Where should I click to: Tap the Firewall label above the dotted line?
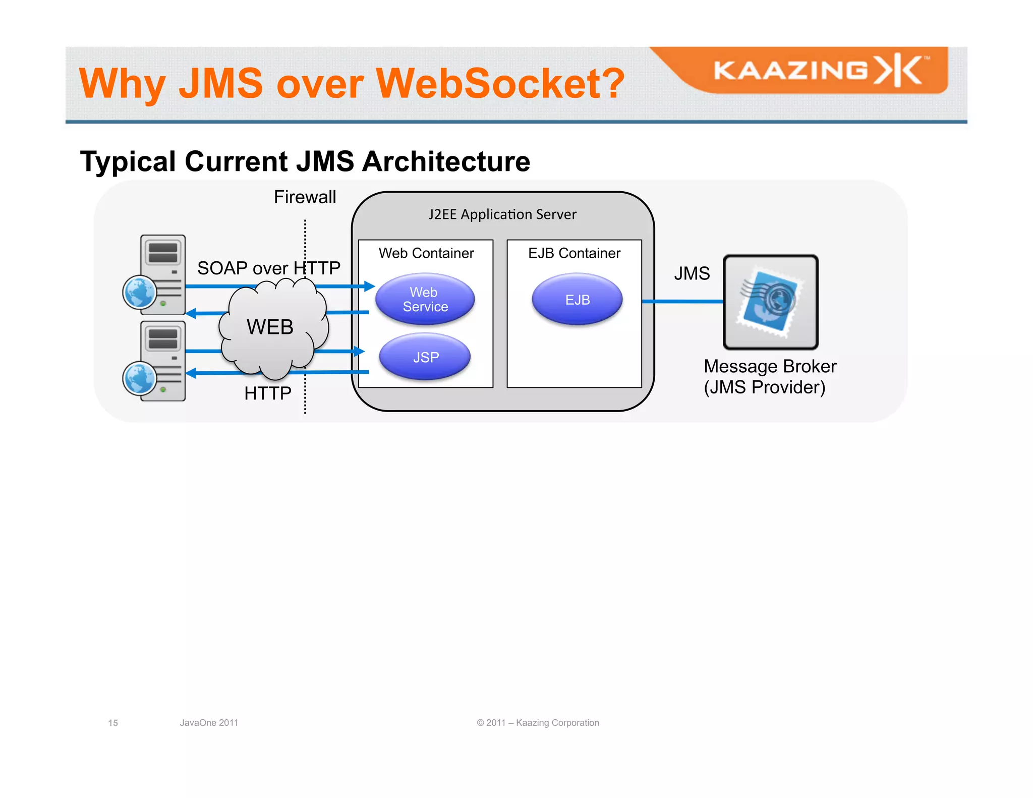click(305, 197)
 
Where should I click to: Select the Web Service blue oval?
click(425, 300)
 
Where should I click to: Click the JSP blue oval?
click(425, 357)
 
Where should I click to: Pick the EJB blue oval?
click(577, 300)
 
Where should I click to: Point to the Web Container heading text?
click(426, 253)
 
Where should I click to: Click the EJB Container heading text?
click(574, 253)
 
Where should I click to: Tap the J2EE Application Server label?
click(502, 214)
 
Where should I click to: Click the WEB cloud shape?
click(272, 328)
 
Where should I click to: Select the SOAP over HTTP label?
click(268, 268)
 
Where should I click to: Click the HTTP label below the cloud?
click(267, 393)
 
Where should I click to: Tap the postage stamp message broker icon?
click(770, 302)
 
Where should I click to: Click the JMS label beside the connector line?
click(692, 273)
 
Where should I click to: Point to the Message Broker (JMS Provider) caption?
click(769, 377)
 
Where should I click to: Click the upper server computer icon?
click(163, 267)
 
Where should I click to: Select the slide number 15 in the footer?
click(113, 723)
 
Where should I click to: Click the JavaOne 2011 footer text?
click(209, 723)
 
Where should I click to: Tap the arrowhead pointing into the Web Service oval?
click(370, 287)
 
